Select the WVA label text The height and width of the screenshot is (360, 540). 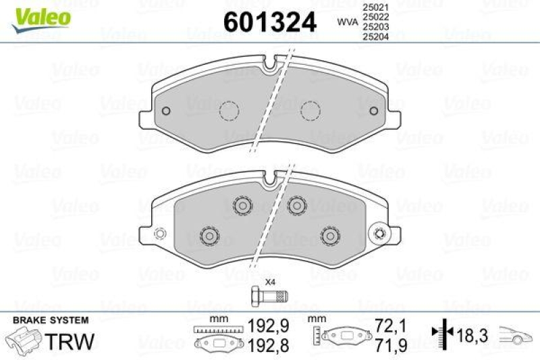pos(347,22)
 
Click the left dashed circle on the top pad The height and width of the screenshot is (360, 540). pos(230,109)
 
